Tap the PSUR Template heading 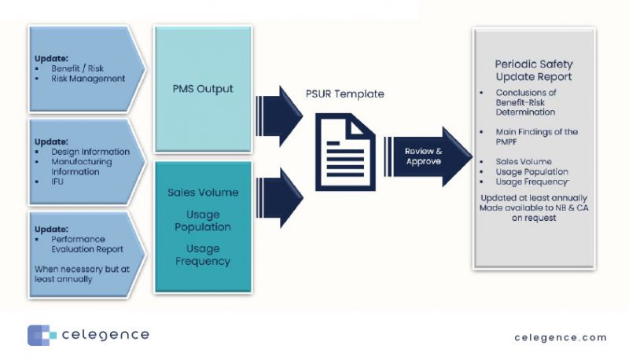(x=344, y=94)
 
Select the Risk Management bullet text (x=87, y=79)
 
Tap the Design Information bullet (x=90, y=151)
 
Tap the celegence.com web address (x=561, y=337)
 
